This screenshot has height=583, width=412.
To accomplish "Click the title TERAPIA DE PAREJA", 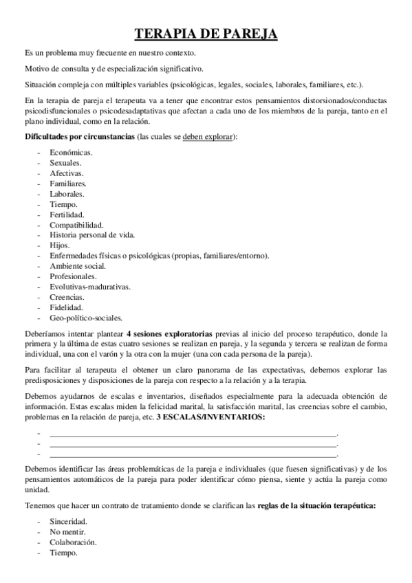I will [x=206, y=34].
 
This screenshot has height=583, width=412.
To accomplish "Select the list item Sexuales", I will [x=66, y=163].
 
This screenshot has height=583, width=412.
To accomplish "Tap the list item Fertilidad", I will [x=67, y=214].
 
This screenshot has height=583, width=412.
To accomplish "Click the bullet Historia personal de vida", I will [x=92, y=235].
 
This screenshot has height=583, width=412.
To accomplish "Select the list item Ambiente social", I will [x=78, y=266].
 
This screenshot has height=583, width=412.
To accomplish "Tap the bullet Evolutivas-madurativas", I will [x=90, y=287].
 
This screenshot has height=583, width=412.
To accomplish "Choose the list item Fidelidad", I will [x=67, y=307].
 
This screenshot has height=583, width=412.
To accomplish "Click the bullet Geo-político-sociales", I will [x=86, y=318].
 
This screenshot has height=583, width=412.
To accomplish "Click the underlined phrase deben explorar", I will [x=208, y=137].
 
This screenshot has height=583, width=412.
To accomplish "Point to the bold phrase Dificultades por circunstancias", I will [x=79, y=137].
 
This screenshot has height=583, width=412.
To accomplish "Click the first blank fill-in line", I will [x=193, y=434].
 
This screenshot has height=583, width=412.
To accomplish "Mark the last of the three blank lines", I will [x=193, y=454].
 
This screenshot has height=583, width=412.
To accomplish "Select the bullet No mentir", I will [x=67, y=532].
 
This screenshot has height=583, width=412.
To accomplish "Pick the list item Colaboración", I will [x=73, y=542].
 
